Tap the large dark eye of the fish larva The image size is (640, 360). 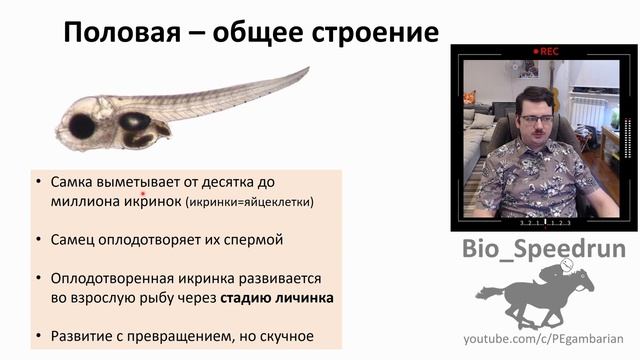[80, 125]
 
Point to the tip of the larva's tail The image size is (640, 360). [307, 70]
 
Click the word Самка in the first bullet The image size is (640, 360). [70, 183]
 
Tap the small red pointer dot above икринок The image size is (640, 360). [144, 194]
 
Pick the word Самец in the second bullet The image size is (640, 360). [71, 240]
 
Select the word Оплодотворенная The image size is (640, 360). [112, 278]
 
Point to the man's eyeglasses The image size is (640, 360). [537, 120]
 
